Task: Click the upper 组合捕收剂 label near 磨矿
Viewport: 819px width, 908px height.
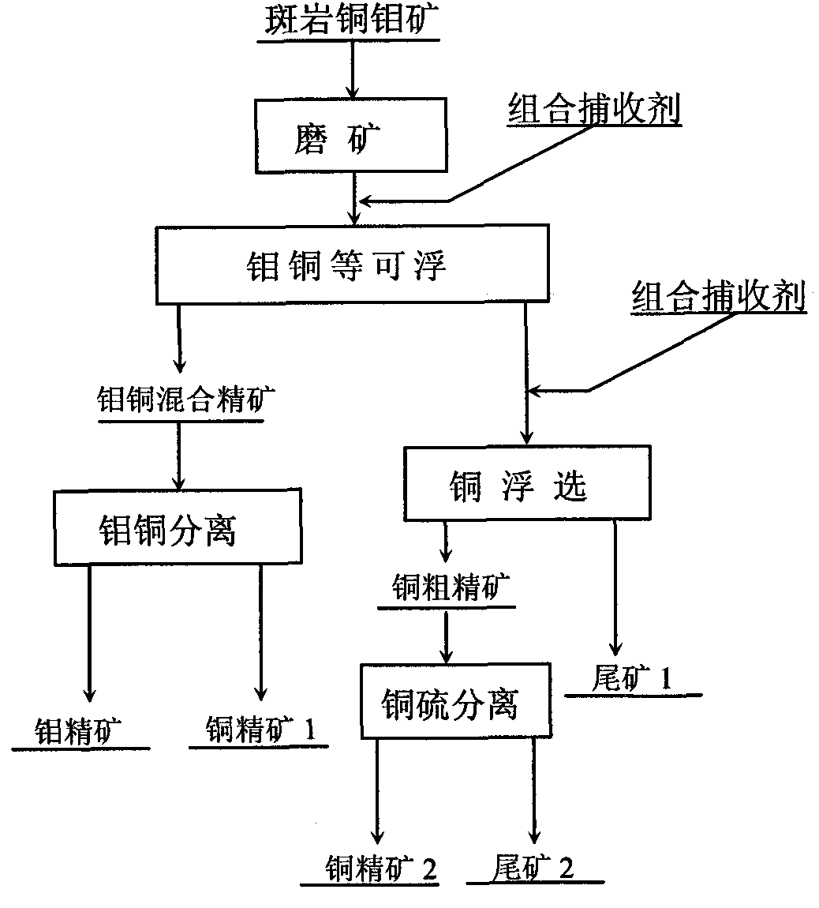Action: [x=593, y=109]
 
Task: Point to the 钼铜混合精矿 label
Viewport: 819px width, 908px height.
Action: [x=186, y=400]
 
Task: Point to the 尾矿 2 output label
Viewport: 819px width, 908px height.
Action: [x=534, y=868]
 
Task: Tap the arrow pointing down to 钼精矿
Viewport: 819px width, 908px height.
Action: [x=88, y=632]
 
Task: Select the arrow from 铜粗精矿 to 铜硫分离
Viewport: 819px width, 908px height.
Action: [x=447, y=636]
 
